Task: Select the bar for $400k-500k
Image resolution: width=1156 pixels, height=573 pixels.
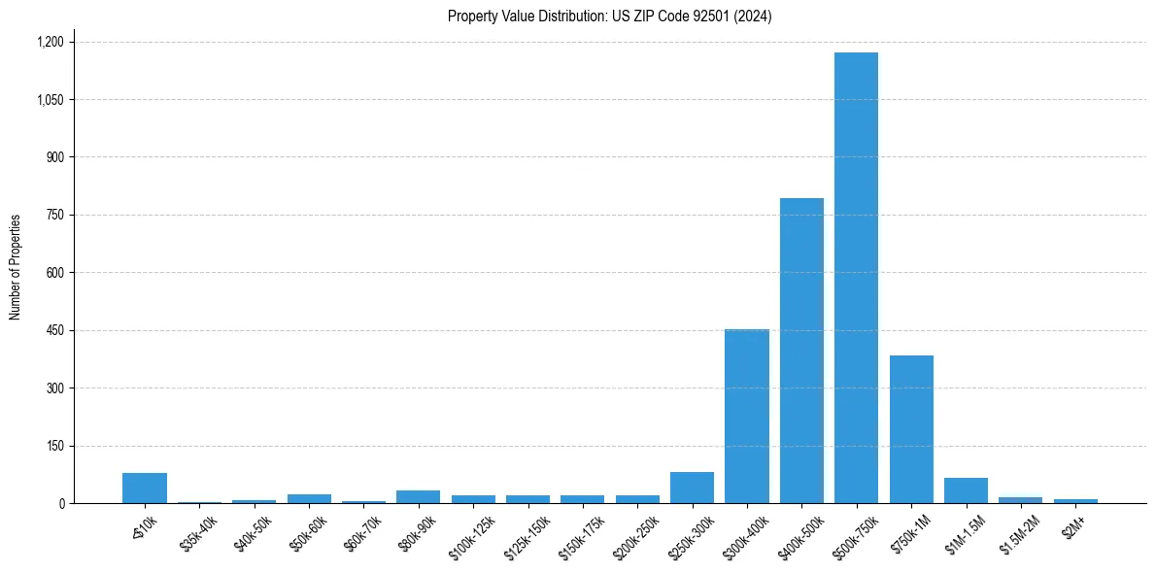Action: [801, 351]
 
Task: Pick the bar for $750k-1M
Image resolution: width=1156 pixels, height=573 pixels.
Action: [911, 429]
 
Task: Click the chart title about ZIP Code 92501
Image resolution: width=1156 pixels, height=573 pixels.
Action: [610, 17]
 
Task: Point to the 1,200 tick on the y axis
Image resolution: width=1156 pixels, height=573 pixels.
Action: [50, 42]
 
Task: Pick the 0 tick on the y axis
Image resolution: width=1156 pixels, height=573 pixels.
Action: [60, 503]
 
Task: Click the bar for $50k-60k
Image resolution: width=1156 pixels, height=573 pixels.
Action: [309, 498]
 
